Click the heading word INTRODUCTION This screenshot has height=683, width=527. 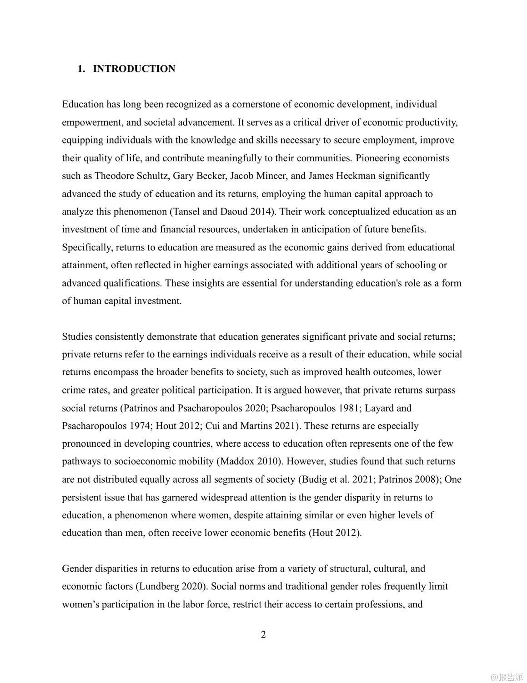click(134, 69)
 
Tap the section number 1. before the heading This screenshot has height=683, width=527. click(81, 69)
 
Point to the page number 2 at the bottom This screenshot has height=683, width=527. click(263, 634)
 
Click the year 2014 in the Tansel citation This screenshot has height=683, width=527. click(236, 212)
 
